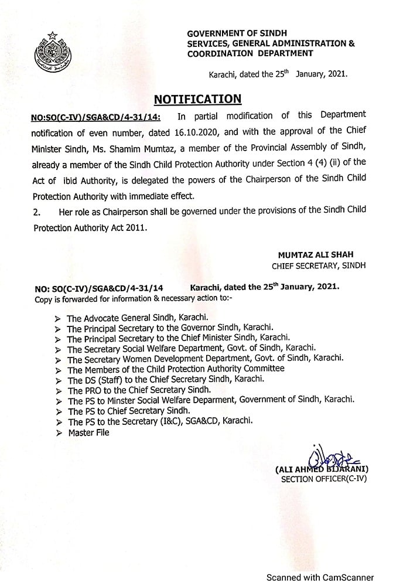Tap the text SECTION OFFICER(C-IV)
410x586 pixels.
click(324, 479)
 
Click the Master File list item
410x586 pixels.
click(88, 432)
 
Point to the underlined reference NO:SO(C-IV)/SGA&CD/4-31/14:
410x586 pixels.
click(95, 116)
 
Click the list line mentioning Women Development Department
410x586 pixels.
click(205, 357)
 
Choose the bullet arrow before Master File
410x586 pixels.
click(57, 433)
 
